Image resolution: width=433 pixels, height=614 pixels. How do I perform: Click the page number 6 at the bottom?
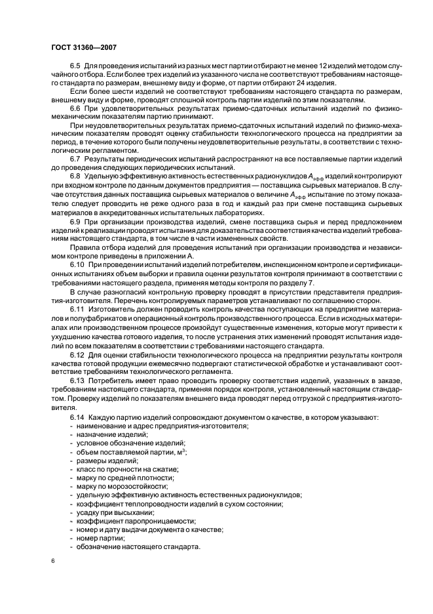(53, 561)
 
